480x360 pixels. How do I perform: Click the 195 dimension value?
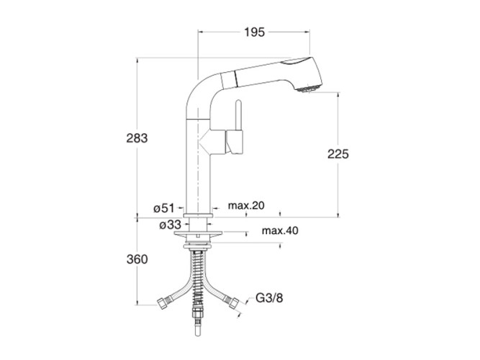click(x=254, y=32)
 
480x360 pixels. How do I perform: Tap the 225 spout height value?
click(x=338, y=153)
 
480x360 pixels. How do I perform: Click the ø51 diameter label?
click(x=164, y=207)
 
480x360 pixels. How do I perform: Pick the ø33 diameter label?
click(x=170, y=225)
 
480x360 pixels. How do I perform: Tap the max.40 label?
click(x=280, y=231)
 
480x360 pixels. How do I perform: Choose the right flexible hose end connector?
click(x=232, y=303)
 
